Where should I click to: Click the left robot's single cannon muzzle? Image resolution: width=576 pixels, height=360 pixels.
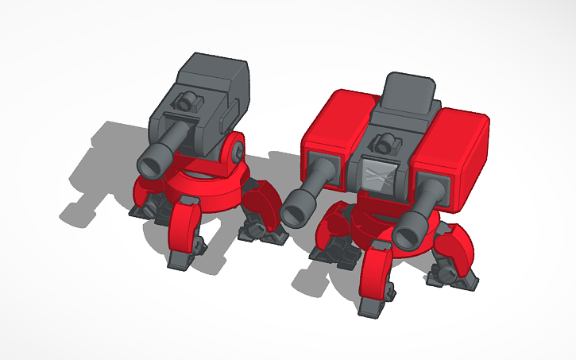pos(151,163)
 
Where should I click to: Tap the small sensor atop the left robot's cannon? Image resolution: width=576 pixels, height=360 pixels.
pos(188,102)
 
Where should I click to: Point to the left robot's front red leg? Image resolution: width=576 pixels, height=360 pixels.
pos(185,227)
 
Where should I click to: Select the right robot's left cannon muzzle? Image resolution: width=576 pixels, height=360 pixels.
pos(299,209)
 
